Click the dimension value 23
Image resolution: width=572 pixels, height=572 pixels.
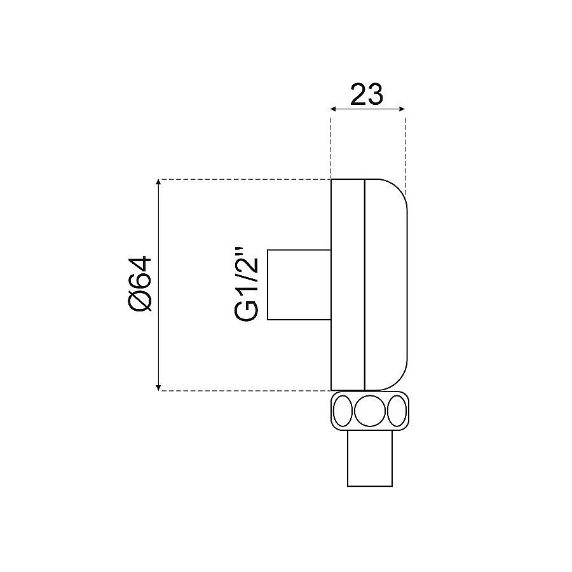pos(367,94)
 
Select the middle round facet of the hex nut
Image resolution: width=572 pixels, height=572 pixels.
pos(369,411)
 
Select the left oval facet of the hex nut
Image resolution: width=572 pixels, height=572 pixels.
pos(343,411)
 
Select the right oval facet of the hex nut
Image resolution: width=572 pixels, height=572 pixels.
pos(396,411)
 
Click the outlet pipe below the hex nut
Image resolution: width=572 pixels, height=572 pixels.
pos(369,459)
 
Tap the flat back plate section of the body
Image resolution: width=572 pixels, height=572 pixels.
pos(348,284)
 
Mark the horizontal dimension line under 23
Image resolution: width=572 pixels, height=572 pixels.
pos(368,110)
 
